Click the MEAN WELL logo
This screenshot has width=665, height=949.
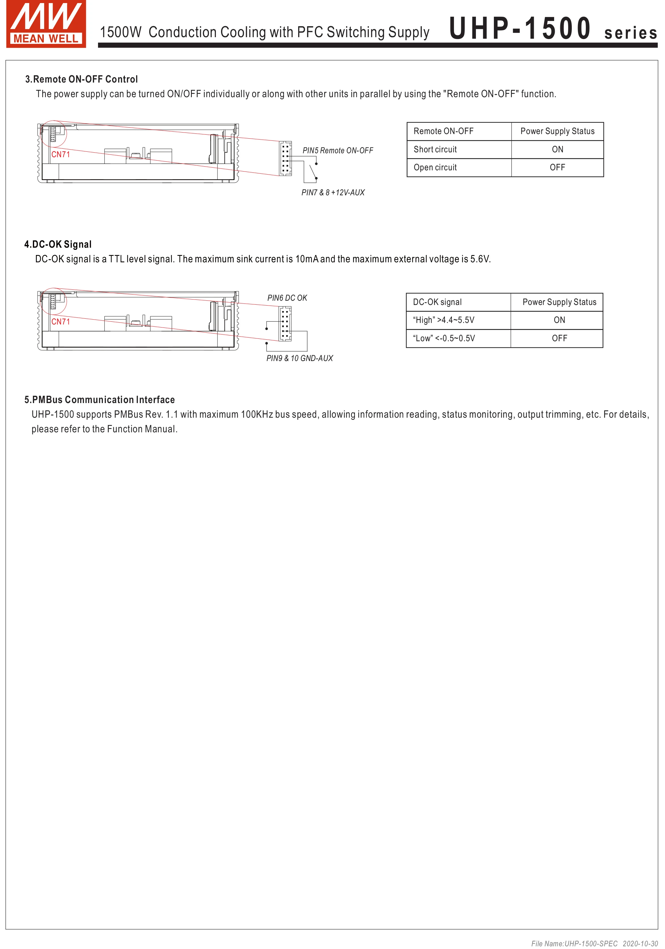tap(46, 24)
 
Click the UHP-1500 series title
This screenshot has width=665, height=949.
tap(553, 29)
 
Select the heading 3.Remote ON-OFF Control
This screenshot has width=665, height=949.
tap(81, 79)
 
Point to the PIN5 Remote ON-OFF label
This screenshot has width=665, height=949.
tap(337, 150)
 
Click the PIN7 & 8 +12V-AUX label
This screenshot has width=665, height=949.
tap(333, 192)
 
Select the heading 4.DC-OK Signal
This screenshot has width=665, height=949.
tap(58, 244)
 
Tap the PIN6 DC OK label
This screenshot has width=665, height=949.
tap(287, 298)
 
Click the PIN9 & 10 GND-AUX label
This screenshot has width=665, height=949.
tap(299, 358)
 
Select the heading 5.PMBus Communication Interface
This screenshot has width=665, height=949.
tap(100, 400)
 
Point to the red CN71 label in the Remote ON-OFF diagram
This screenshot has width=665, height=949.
tap(61, 154)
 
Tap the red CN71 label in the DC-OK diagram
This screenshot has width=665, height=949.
tap(61, 322)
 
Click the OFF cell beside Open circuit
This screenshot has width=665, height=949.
tap(557, 167)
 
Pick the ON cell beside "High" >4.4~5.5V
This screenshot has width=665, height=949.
tap(559, 320)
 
